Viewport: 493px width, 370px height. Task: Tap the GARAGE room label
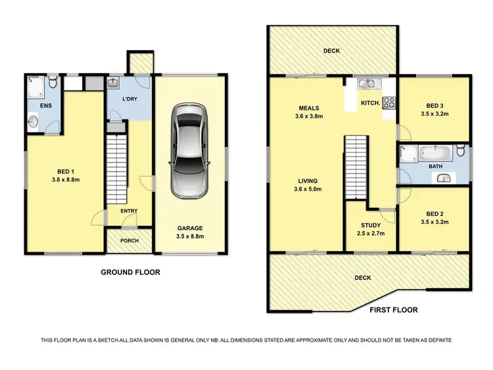(x=189, y=227)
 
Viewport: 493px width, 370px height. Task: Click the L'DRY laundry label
(x=129, y=99)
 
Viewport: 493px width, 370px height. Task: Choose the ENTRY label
(x=129, y=210)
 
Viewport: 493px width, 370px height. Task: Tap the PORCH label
(x=129, y=241)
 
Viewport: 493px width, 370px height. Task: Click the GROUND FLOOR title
(x=129, y=271)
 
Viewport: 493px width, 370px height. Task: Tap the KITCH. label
(x=368, y=103)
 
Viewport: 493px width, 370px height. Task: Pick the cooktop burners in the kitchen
(x=388, y=103)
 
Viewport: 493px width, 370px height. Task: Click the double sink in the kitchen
(x=366, y=83)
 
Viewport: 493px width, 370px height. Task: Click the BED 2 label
(x=433, y=214)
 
